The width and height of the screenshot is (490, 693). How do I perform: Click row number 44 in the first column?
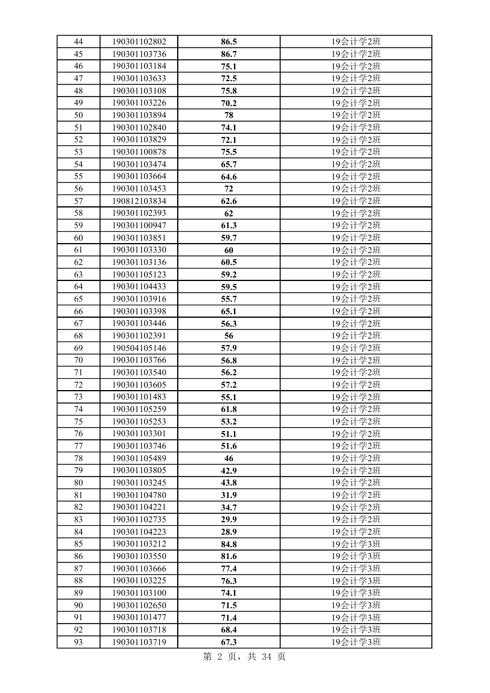(x=78, y=41)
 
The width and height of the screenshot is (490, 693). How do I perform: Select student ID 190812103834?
(x=139, y=201)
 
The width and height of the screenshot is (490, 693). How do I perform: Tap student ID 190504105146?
(x=139, y=348)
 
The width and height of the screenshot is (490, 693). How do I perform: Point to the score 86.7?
(x=229, y=54)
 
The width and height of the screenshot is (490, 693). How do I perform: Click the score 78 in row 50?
(x=229, y=115)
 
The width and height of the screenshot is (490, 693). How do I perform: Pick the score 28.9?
(x=229, y=532)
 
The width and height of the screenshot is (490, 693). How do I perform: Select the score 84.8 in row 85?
(x=229, y=544)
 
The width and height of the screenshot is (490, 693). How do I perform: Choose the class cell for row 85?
(x=356, y=544)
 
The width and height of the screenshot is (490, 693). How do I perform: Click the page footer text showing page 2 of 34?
(x=244, y=657)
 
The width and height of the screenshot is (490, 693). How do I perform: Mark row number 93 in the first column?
(x=78, y=642)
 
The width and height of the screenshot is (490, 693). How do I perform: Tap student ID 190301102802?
(x=139, y=41)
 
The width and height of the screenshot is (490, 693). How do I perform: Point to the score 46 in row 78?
(x=229, y=458)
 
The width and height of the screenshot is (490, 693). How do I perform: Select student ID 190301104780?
(x=139, y=495)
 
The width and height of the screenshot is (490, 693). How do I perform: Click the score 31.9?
(x=229, y=495)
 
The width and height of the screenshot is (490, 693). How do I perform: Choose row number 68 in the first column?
(x=78, y=336)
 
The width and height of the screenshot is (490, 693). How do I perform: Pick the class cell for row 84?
(x=356, y=532)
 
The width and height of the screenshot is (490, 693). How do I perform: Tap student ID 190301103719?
(x=139, y=642)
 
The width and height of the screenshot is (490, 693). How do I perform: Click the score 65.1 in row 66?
(x=229, y=311)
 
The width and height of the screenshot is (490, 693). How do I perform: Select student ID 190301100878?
(x=139, y=152)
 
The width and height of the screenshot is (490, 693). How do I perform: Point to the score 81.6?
(x=229, y=556)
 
